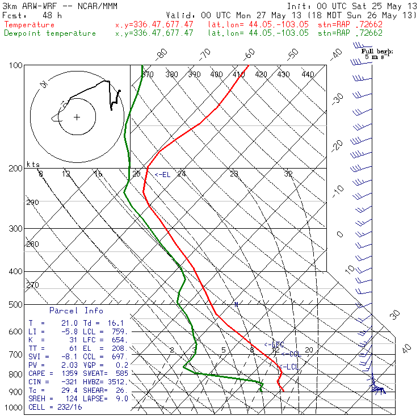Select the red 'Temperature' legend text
[x=30, y=25]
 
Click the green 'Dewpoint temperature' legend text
[x=50, y=33]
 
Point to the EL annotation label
[x=163, y=175]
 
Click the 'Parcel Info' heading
[x=76, y=310]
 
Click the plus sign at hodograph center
[x=77, y=117]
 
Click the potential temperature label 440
[x=308, y=74]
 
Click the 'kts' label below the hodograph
[x=33, y=164]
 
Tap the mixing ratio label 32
[x=288, y=174]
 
